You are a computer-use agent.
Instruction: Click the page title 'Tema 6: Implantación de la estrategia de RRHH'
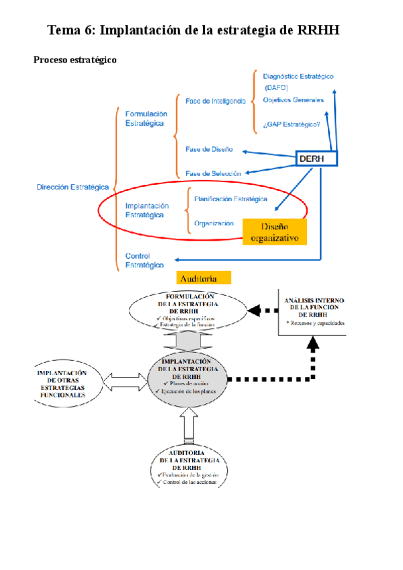[x=202, y=30]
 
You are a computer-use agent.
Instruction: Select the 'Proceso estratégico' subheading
[x=75, y=60]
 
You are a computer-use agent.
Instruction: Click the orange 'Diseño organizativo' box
[x=274, y=232]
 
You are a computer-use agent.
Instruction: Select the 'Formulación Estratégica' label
[x=146, y=119]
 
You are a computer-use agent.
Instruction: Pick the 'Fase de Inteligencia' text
[x=216, y=101]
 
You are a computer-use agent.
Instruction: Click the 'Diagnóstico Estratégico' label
[x=298, y=77]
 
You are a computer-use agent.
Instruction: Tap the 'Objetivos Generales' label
[x=294, y=100]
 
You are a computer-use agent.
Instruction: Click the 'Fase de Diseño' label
[x=209, y=149]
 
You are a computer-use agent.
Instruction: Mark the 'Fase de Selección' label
[x=213, y=173]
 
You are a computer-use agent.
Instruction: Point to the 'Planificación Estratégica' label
[x=230, y=199]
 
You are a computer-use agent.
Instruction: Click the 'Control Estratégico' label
[x=144, y=260]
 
